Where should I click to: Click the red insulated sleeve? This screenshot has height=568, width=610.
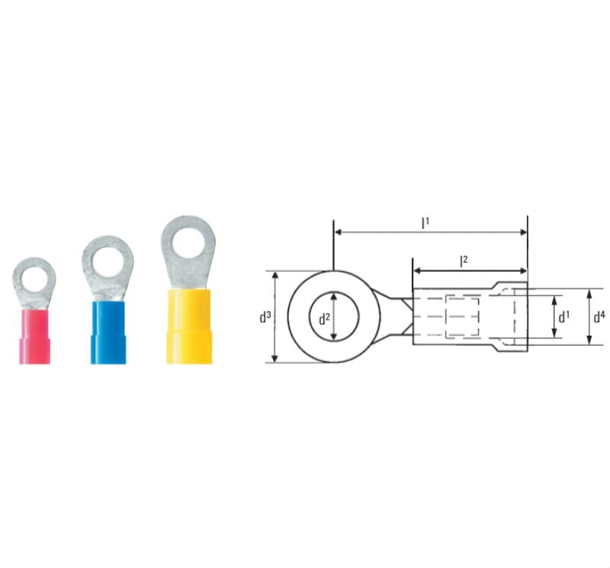pyautogui.click(x=34, y=335)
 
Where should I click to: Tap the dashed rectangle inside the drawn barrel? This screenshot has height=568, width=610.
pyautogui.click(x=450, y=316)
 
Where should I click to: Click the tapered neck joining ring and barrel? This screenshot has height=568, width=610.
pyautogui.click(x=397, y=316)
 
